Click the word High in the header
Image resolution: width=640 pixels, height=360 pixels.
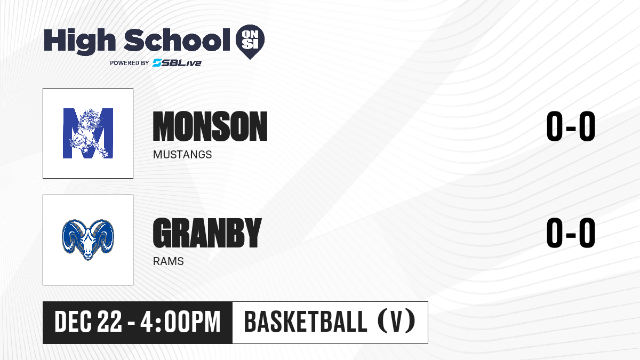[79, 42]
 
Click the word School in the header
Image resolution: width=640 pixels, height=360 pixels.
[177, 40]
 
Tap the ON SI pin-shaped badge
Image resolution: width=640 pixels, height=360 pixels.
[250, 42]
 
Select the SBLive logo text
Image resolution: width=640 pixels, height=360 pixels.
[177, 63]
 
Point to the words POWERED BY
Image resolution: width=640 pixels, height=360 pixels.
[130, 63]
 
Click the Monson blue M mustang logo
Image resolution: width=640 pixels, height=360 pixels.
[88, 133]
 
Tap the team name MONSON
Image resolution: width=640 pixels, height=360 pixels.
[210, 126]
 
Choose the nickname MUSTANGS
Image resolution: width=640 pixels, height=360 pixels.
[182, 155]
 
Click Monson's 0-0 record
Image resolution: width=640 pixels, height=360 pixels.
[571, 126]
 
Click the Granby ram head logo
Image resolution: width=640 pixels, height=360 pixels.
[88, 239]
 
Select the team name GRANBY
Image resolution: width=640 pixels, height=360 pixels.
[207, 233]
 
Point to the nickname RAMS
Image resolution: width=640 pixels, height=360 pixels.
[169, 261]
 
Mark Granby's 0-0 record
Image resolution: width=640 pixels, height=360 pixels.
[571, 233]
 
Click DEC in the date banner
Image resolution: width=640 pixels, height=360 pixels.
[74, 322]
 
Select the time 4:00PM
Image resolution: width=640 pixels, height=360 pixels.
[181, 322]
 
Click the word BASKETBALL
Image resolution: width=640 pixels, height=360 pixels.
[306, 322]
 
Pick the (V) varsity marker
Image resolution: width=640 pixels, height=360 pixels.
[397, 322]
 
